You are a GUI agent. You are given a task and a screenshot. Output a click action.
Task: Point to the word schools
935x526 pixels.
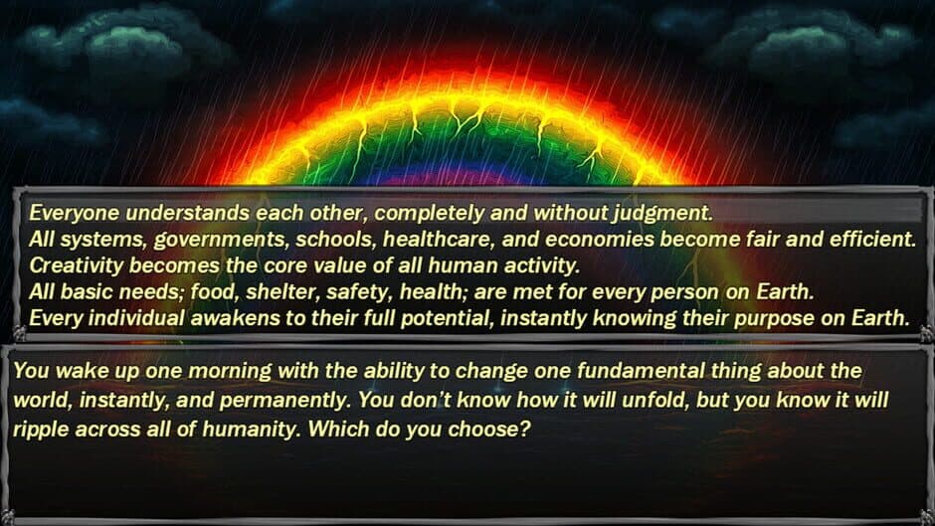[x=336, y=240]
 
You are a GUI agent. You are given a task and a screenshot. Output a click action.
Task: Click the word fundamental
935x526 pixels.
[x=641, y=370]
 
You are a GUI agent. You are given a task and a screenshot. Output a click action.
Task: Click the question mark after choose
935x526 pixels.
[x=524, y=429]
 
